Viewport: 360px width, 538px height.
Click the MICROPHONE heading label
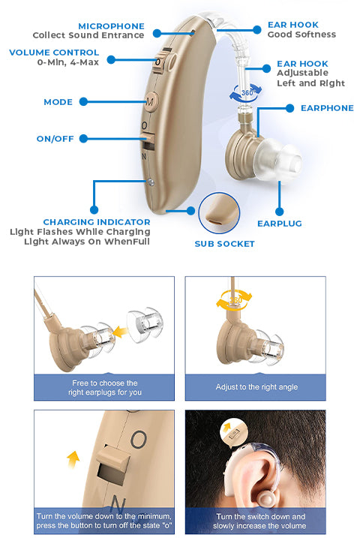(x=111, y=26)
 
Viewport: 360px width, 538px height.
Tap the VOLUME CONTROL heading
(x=54, y=53)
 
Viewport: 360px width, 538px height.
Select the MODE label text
(x=58, y=102)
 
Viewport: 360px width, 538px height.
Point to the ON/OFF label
(x=55, y=139)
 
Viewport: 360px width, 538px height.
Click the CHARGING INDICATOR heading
(x=97, y=222)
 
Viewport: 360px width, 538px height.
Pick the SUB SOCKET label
(x=224, y=244)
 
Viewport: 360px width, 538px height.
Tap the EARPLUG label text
(x=280, y=224)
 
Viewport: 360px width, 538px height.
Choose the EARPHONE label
(x=327, y=108)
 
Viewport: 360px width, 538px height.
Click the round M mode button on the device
(x=151, y=101)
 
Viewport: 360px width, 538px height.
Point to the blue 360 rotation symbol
(x=246, y=92)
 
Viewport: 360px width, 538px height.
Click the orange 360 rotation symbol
(x=234, y=299)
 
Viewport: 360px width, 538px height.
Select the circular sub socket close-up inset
(x=219, y=213)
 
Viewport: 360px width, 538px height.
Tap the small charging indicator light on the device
(x=151, y=182)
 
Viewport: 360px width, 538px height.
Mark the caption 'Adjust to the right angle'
(x=256, y=387)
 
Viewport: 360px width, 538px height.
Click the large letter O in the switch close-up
(x=139, y=440)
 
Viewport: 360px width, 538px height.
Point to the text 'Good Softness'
(x=301, y=35)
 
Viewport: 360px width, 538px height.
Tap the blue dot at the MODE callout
(x=83, y=101)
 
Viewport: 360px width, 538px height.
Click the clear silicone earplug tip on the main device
(x=277, y=158)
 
